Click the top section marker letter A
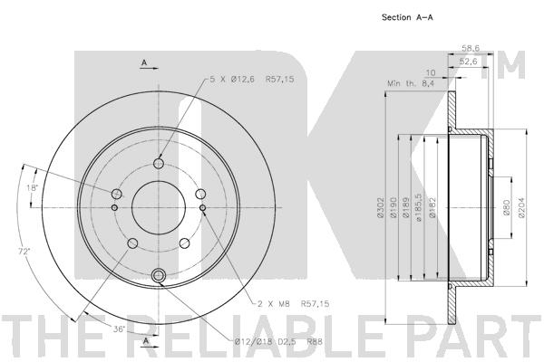(144, 62)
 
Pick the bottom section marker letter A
(144, 341)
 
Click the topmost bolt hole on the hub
(160, 164)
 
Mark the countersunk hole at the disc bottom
(160, 276)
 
